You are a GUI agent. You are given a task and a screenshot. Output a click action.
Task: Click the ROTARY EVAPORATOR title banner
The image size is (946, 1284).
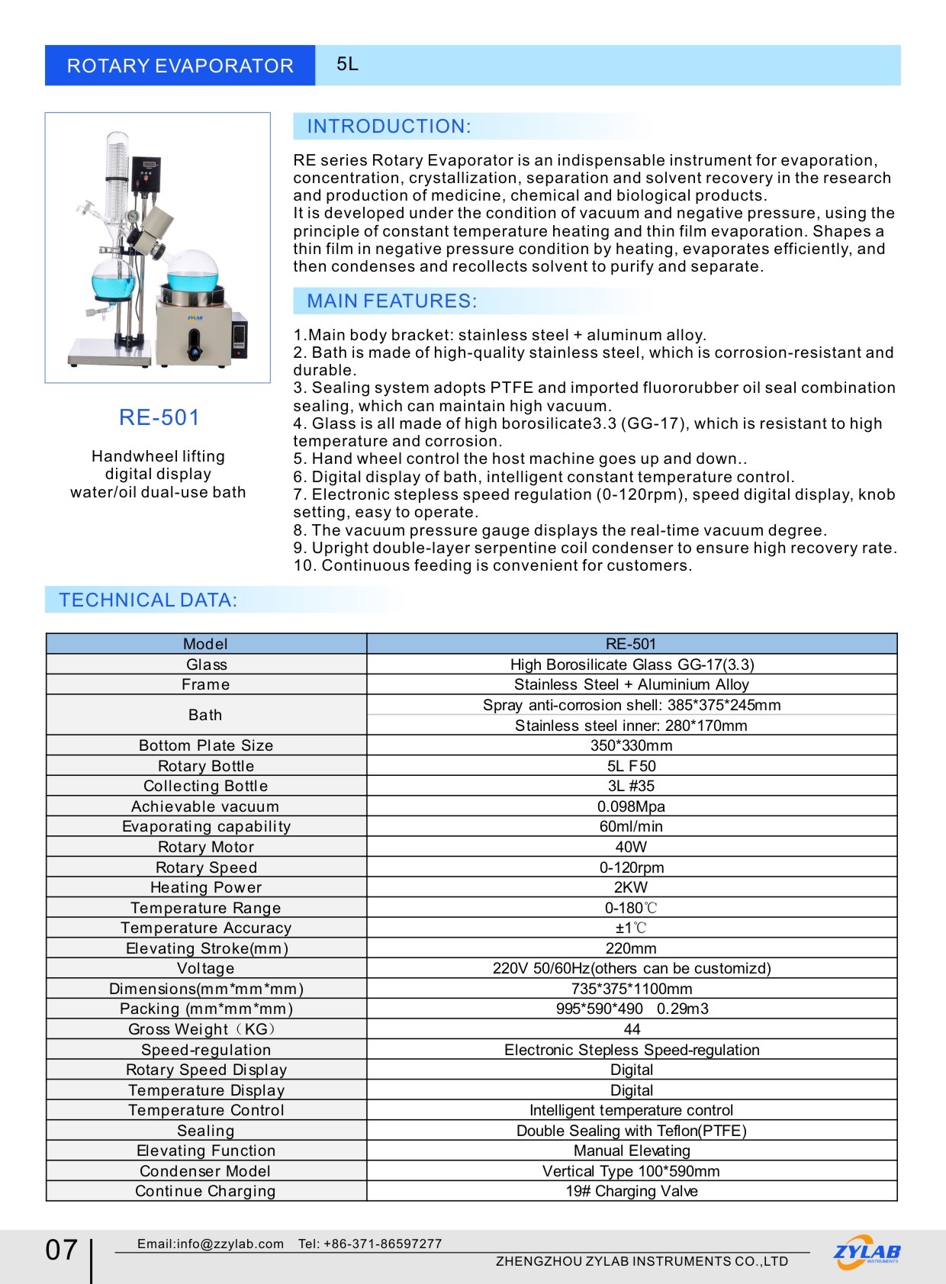click(180, 66)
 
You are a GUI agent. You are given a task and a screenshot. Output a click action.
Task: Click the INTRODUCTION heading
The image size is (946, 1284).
click(389, 127)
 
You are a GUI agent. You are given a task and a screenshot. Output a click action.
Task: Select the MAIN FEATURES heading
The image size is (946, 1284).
click(391, 301)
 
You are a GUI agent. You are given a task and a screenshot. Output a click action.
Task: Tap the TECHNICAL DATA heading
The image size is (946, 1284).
click(148, 600)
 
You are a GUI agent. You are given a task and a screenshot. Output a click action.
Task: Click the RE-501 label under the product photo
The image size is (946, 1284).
click(159, 417)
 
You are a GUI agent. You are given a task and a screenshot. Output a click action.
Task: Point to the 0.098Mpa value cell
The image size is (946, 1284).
click(631, 806)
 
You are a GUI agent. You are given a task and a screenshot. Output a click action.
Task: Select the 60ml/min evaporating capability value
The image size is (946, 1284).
click(631, 826)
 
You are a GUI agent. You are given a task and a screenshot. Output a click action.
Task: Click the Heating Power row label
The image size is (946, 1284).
click(206, 887)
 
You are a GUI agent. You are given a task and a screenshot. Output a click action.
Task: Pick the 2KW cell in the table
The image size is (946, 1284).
click(631, 887)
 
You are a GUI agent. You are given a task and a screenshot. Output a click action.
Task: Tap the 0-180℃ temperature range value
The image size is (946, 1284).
click(631, 908)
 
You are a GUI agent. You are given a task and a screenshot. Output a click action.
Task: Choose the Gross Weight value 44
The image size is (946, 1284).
click(632, 1029)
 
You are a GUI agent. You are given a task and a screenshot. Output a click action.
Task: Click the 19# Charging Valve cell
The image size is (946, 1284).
click(632, 1191)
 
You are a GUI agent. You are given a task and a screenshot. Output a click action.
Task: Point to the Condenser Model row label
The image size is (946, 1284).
click(205, 1171)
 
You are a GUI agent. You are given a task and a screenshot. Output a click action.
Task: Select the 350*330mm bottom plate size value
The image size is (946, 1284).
click(631, 745)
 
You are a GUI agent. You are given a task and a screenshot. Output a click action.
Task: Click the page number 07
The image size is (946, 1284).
click(62, 1250)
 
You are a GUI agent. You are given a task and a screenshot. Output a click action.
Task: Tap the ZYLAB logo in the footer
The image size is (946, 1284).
click(867, 1252)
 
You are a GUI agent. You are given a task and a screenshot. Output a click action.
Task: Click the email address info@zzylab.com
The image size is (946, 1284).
click(211, 1244)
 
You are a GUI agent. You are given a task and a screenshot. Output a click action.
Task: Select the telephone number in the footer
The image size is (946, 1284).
click(370, 1244)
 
